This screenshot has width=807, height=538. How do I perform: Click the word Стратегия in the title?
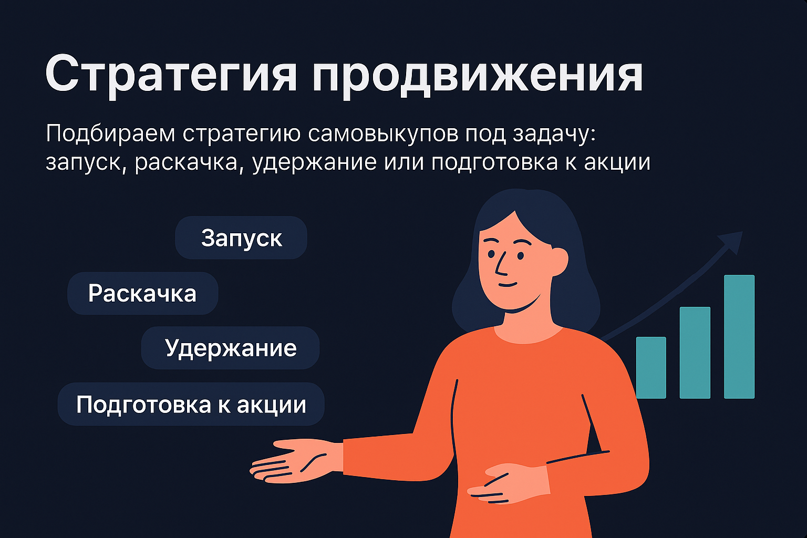coord(171,75)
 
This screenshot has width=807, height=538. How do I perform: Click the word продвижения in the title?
coord(477,75)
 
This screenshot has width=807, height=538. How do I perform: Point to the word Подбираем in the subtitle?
coord(110,133)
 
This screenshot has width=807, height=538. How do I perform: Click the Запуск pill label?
coord(241,238)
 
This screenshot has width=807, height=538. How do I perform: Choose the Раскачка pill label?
coord(142,293)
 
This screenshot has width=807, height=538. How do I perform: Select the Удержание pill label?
coord(231,348)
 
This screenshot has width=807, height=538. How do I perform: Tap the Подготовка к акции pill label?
coord(191,405)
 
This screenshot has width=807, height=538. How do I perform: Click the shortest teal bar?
coord(651,367)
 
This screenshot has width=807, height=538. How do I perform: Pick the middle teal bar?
coord(695,353)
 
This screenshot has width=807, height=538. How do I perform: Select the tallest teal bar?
coord(739,336)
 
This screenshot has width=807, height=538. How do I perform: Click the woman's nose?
coord(500,266)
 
